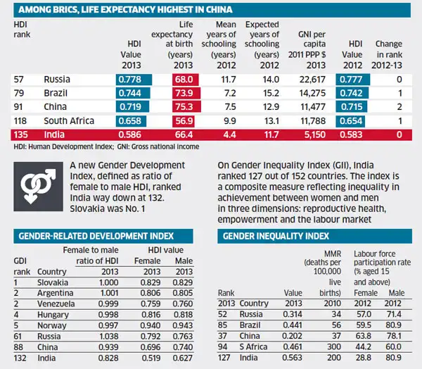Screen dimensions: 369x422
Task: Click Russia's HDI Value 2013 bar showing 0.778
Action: click(133, 79)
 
